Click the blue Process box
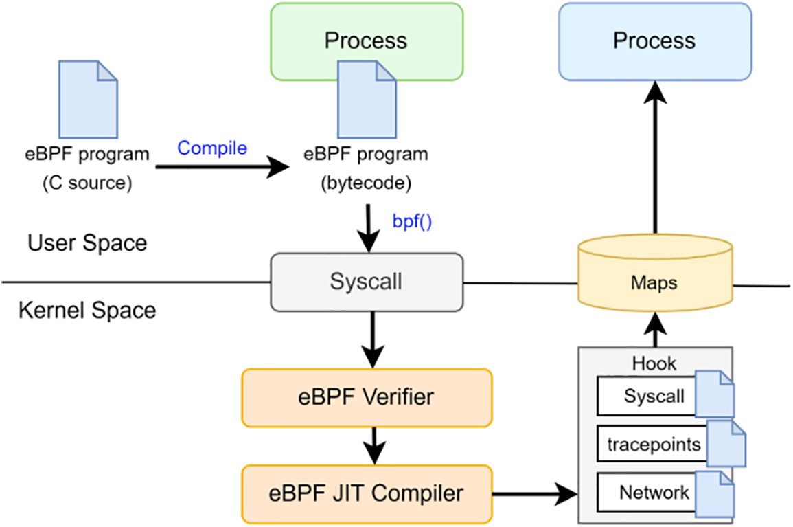click(654, 41)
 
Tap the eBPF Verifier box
click(367, 397)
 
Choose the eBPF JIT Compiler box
click(367, 493)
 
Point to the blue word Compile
click(212, 148)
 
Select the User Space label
click(87, 243)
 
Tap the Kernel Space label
click(87, 310)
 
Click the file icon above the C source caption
click(88, 99)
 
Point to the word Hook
click(654, 362)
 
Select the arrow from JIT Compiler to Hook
click(536, 493)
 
